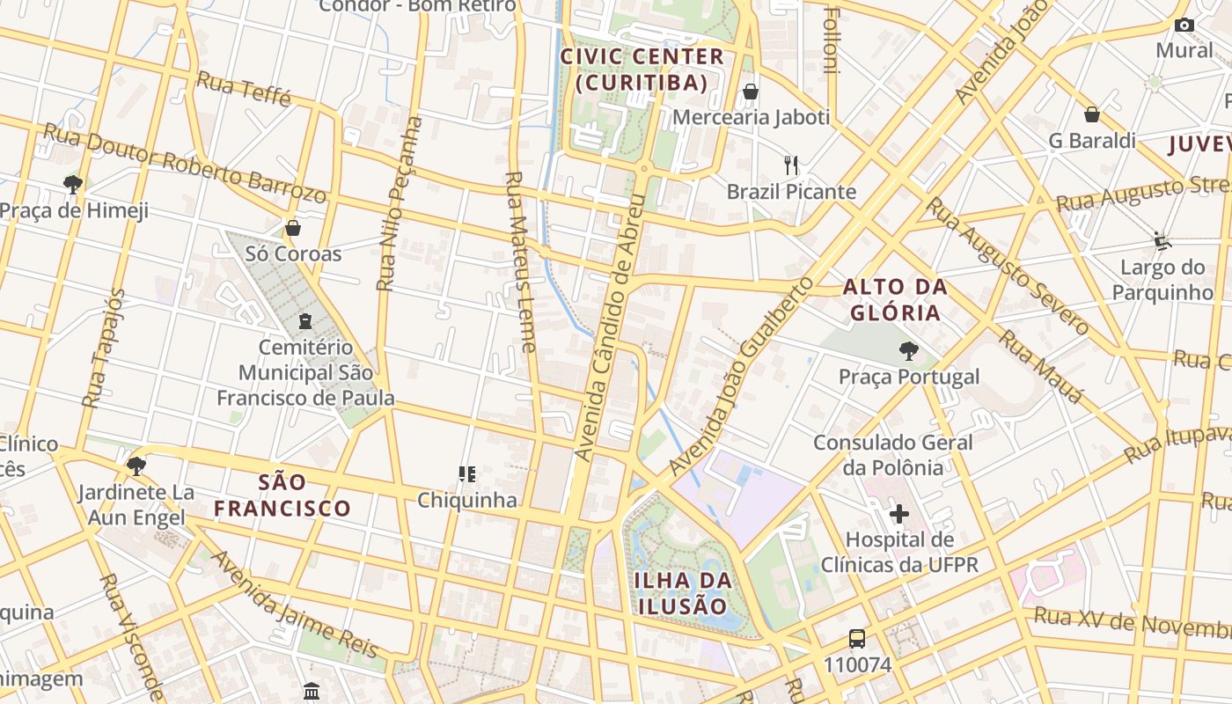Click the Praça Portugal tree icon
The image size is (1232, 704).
(x=908, y=351)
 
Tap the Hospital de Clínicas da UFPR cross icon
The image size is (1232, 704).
(x=898, y=513)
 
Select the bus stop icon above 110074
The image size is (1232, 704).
(x=856, y=639)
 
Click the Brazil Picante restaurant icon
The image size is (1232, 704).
(x=791, y=165)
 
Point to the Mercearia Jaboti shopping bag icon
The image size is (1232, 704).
(x=751, y=92)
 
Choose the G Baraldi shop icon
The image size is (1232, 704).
(x=1091, y=114)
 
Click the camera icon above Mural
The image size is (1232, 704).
(x=1184, y=25)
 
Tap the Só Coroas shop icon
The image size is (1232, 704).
(x=293, y=228)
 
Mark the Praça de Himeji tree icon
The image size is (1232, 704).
(x=73, y=184)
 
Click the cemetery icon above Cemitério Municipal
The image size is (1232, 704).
(x=305, y=321)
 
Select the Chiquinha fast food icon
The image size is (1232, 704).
(x=466, y=474)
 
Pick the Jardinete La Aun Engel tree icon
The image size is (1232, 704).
(x=136, y=466)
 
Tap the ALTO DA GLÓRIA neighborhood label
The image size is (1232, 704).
(x=895, y=299)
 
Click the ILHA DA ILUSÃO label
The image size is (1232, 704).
(x=683, y=593)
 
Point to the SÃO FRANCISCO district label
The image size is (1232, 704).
(x=282, y=495)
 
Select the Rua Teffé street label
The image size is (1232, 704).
(x=244, y=89)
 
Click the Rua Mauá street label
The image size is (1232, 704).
(x=1042, y=366)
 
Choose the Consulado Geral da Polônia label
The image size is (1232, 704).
(x=893, y=454)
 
